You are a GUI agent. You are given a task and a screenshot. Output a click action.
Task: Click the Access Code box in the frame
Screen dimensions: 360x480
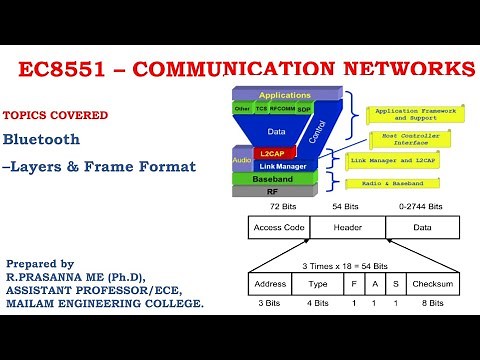click(x=279, y=227)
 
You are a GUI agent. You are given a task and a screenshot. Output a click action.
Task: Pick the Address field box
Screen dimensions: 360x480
click(x=270, y=283)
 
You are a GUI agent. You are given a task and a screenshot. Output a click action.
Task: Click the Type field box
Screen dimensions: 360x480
click(x=317, y=283)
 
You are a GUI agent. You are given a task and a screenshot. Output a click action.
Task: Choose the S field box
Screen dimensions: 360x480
click(x=395, y=283)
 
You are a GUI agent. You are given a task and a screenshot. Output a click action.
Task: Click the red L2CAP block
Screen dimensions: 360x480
click(x=272, y=152)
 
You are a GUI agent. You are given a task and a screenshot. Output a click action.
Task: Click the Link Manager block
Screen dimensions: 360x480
click(x=285, y=165)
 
